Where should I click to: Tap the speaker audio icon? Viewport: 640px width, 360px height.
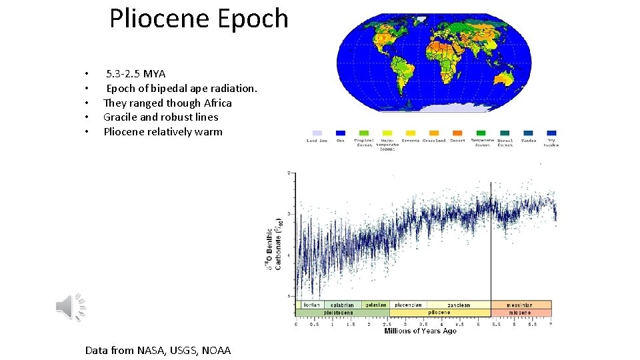pos(70,307)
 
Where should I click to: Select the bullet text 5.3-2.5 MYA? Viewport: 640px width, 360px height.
pos(135,74)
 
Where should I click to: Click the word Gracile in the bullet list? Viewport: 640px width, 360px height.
pos(121,117)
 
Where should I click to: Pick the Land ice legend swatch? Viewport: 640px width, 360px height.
pos(317,133)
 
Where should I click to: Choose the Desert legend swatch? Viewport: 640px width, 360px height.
pos(457,133)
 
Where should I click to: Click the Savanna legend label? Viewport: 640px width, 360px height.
pos(410,141)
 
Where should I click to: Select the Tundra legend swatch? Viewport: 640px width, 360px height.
pos(528,133)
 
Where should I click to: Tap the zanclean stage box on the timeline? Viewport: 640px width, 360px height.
pos(459,305)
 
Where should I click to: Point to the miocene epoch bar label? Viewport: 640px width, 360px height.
pos(521,312)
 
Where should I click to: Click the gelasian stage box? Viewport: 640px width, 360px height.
pos(376,305)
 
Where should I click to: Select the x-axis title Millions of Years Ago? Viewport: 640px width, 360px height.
pos(420,331)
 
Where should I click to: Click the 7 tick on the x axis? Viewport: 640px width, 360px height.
pos(550,324)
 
